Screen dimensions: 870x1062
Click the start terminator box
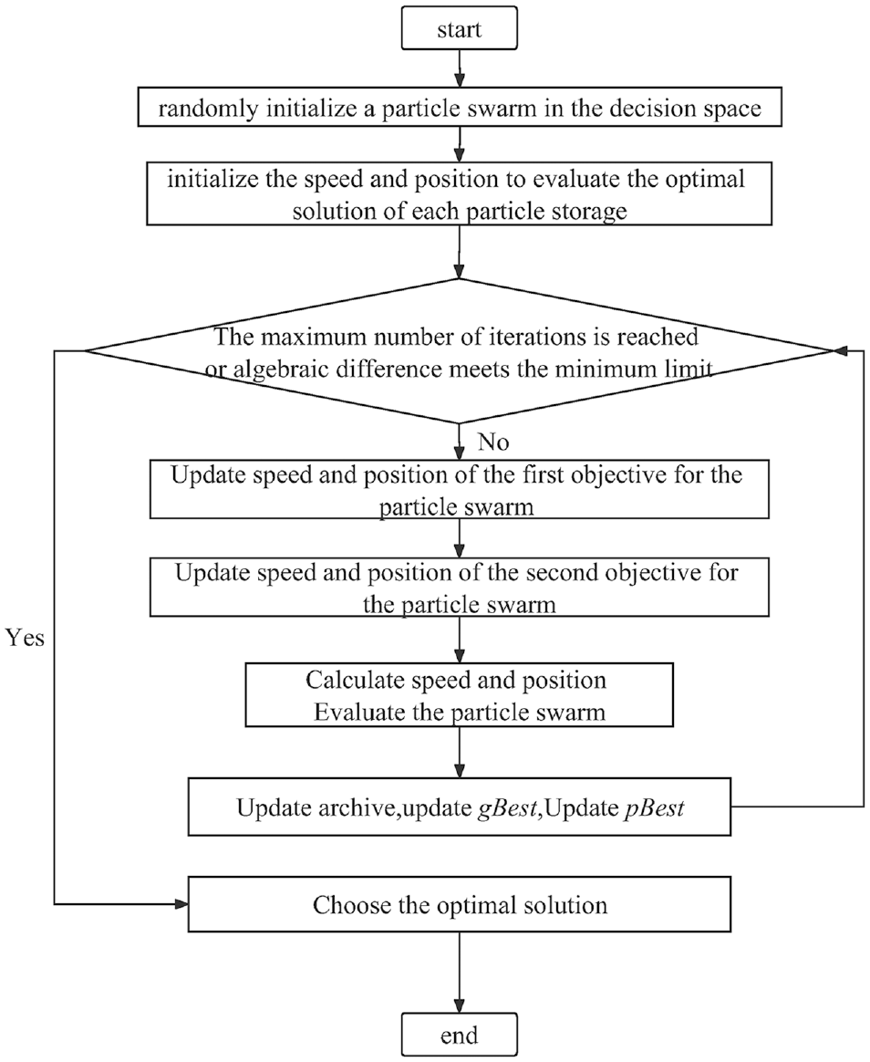(x=459, y=28)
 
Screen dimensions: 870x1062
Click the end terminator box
(x=459, y=1035)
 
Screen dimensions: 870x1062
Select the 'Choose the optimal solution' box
(x=459, y=904)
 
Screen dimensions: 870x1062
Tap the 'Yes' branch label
(x=25, y=638)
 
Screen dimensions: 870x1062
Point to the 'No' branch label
(x=492, y=442)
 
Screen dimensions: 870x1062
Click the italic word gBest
(x=507, y=807)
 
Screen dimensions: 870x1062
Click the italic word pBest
(x=654, y=807)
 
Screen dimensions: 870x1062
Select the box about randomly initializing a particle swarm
(x=460, y=107)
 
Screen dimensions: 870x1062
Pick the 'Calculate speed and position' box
(x=459, y=695)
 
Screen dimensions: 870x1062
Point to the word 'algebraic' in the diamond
(x=281, y=370)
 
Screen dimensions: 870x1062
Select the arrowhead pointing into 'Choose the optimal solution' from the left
(x=181, y=904)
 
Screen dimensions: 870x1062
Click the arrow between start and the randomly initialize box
(x=460, y=68)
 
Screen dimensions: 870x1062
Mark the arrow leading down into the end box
(x=460, y=973)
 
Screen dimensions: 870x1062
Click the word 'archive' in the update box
(x=359, y=807)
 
